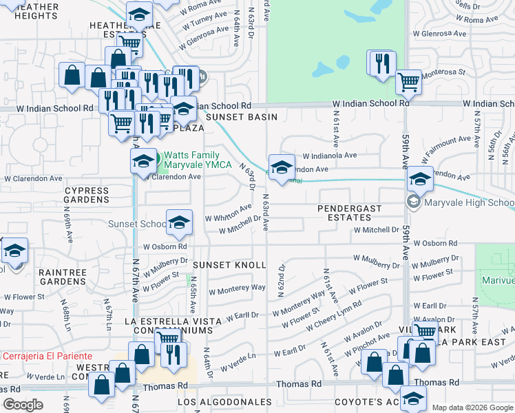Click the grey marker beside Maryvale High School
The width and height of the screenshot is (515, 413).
tap(413, 202)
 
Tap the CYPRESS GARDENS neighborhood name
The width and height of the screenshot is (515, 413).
tap(87, 195)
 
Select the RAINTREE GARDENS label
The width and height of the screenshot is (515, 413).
tap(62, 277)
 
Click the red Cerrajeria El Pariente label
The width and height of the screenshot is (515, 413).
tap(47, 356)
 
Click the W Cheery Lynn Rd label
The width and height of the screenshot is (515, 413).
tap(338, 315)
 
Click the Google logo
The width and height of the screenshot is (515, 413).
tap(23, 405)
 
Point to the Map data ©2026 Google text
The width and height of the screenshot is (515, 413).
tap(472, 407)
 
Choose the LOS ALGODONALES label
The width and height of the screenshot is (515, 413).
tap(224, 401)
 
